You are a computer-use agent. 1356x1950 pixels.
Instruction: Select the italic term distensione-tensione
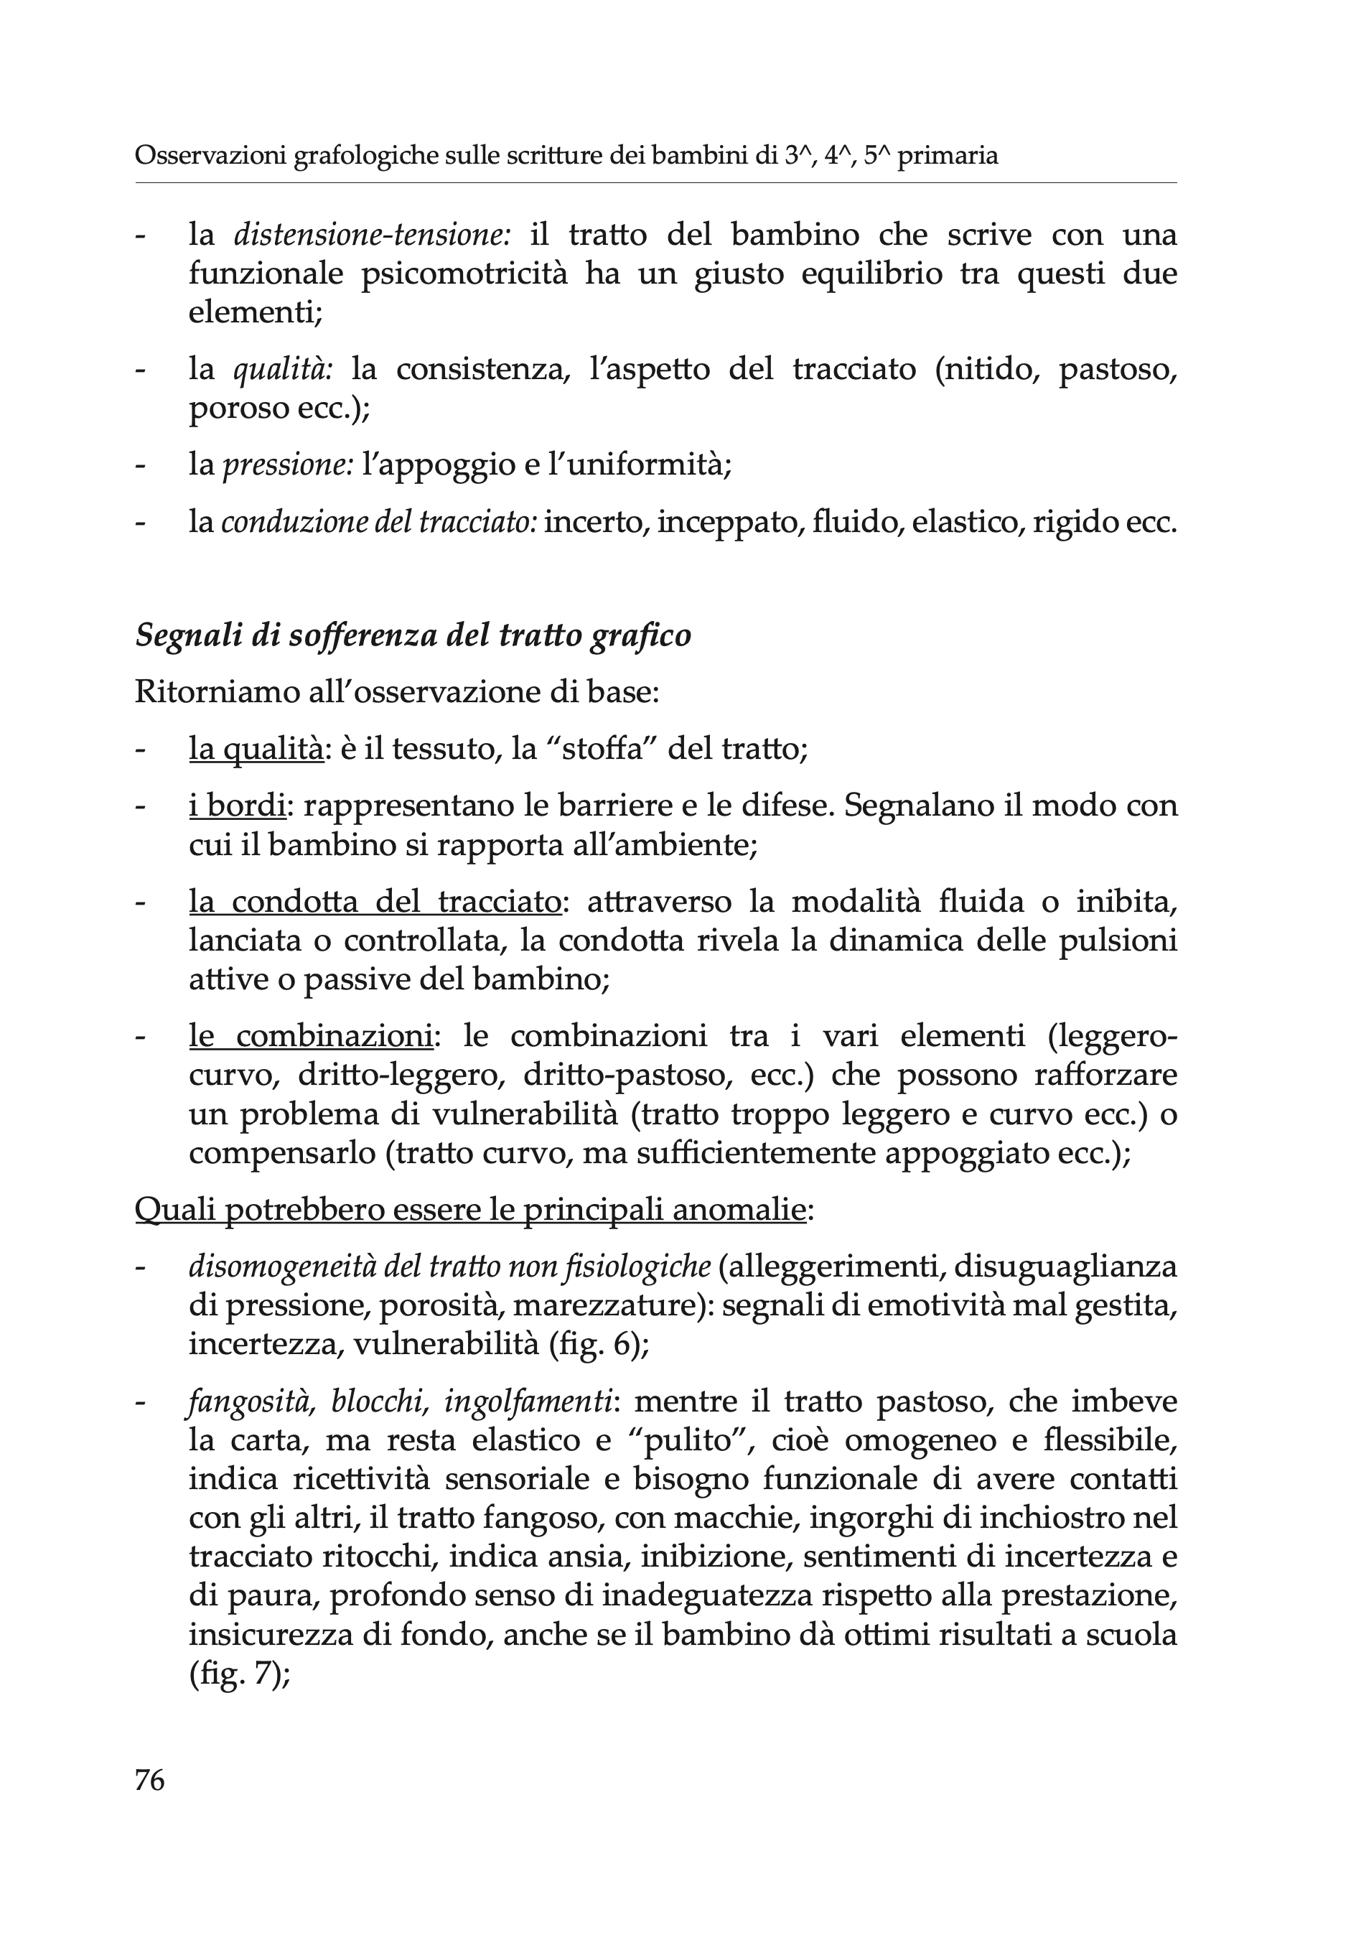tap(372, 235)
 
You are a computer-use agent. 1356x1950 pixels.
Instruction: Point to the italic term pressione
tap(288, 465)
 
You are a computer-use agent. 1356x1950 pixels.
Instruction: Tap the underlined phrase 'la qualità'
tap(256, 749)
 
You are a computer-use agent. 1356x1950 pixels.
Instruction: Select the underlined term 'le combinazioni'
tap(311, 1036)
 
